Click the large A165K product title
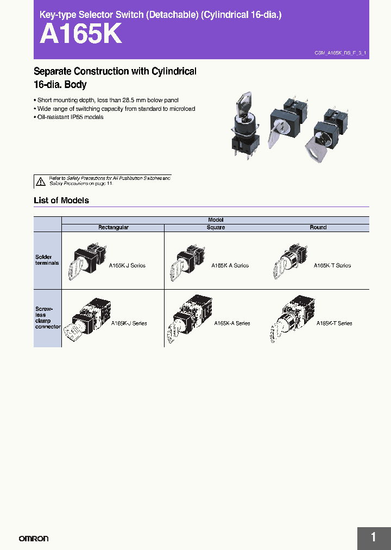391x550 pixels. coord(81,35)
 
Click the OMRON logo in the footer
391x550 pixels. coord(34,538)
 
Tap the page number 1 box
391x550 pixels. coord(374,537)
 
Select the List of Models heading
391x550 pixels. coord(61,200)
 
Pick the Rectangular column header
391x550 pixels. coord(113,228)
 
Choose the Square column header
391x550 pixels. coord(216,228)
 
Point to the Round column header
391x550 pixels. coord(318,228)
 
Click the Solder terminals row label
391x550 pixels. coord(43,259)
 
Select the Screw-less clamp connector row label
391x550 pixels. coord(47,318)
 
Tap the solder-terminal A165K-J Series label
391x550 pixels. coord(127,266)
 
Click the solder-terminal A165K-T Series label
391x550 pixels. coord(332,266)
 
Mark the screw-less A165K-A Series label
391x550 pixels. coord(232,323)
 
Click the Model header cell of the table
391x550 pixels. coord(216,220)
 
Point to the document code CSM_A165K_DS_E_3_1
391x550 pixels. coord(340,53)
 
